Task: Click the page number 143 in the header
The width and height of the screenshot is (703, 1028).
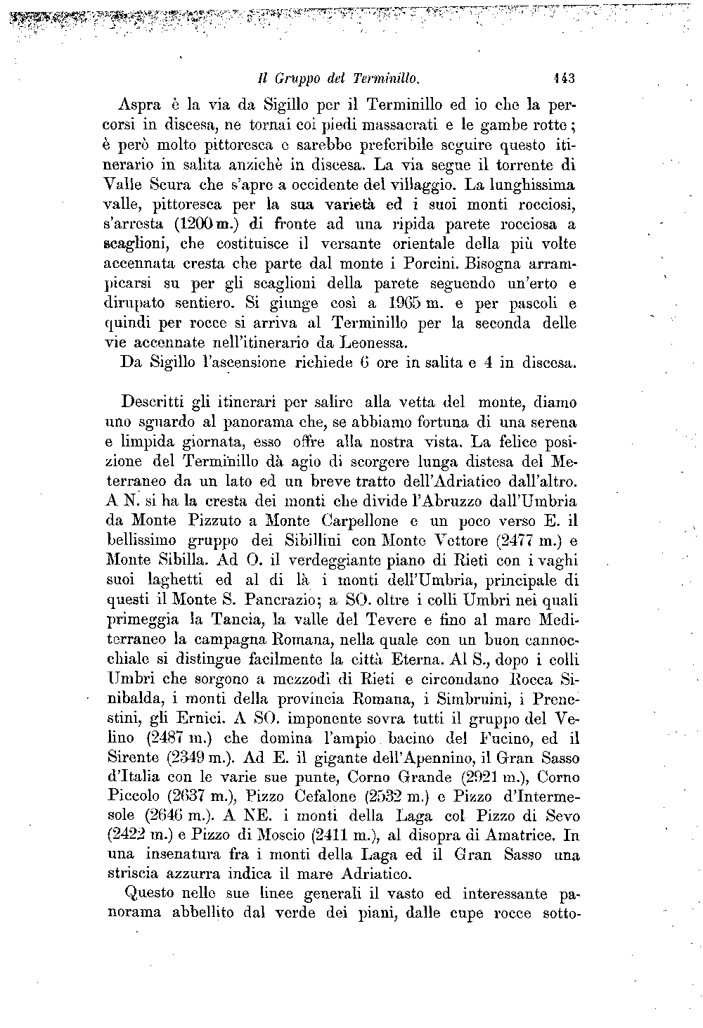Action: tap(564, 77)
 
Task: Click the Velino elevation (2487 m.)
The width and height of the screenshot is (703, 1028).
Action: tap(181, 738)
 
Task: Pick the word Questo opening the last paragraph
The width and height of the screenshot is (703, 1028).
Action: tap(149, 895)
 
